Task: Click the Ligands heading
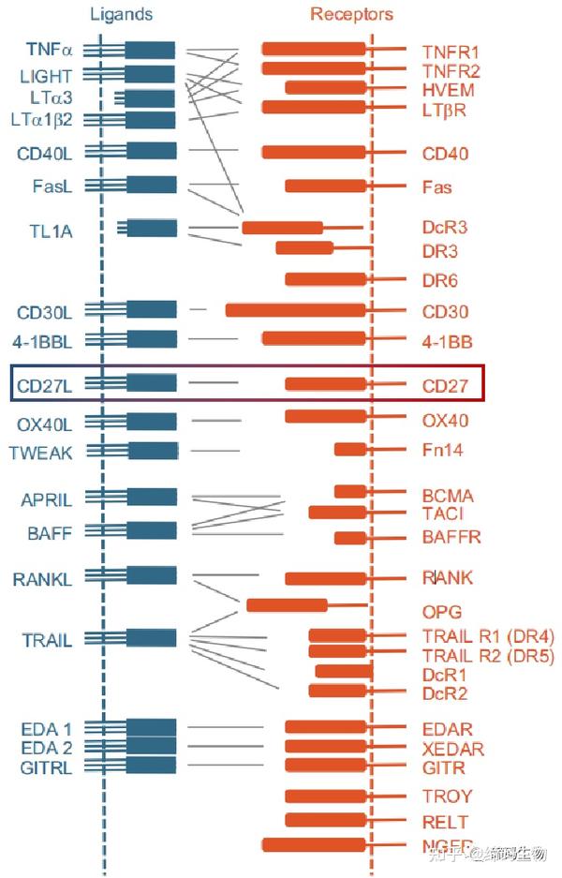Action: [x=122, y=14]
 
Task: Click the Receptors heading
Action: [x=351, y=14]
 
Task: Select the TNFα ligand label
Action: [x=50, y=50]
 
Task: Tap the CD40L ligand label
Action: [x=44, y=154]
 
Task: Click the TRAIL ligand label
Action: [x=47, y=641]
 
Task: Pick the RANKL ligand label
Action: [x=42, y=579]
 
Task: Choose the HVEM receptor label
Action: [x=448, y=90]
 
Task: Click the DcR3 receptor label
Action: [x=444, y=228]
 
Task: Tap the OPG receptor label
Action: [x=441, y=612]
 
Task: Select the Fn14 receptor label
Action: [x=442, y=451]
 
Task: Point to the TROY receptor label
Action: [x=447, y=796]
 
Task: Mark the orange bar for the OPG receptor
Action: [x=287, y=604]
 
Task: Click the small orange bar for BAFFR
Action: [x=350, y=538]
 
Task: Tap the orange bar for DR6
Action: [x=325, y=278]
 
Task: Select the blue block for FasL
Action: [x=151, y=185]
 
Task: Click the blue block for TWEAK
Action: [x=151, y=451]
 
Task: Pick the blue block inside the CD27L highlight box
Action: [x=151, y=382]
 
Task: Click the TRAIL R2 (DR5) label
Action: [x=488, y=655]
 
